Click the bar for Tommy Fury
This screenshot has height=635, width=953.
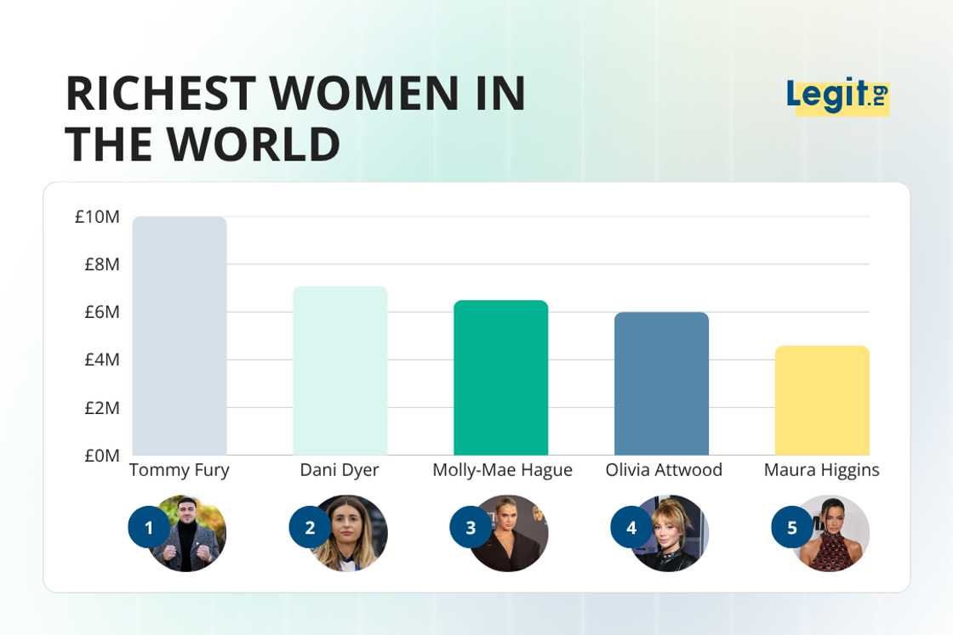[180, 336]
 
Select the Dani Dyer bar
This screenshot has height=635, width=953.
[340, 371]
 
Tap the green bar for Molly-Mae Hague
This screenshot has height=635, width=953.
[500, 377]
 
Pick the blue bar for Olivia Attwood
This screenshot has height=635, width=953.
[661, 383]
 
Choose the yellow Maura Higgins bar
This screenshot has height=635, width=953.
[822, 400]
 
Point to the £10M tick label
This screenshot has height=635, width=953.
[97, 217]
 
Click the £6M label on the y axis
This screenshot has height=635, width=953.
[101, 312]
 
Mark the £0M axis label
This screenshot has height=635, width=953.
[101, 456]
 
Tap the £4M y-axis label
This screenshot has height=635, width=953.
[101, 360]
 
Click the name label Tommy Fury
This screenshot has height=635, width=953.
[180, 470]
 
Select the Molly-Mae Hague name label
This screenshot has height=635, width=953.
[502, 470]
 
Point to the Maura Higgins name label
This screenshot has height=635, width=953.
[821, 470]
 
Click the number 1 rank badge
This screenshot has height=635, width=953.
[149, 528]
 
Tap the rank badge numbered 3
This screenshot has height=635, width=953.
[471, 528]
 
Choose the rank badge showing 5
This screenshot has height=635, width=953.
[792, 528]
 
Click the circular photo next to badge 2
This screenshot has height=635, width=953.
[351, 533]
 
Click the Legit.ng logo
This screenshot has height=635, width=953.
[837, 95]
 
